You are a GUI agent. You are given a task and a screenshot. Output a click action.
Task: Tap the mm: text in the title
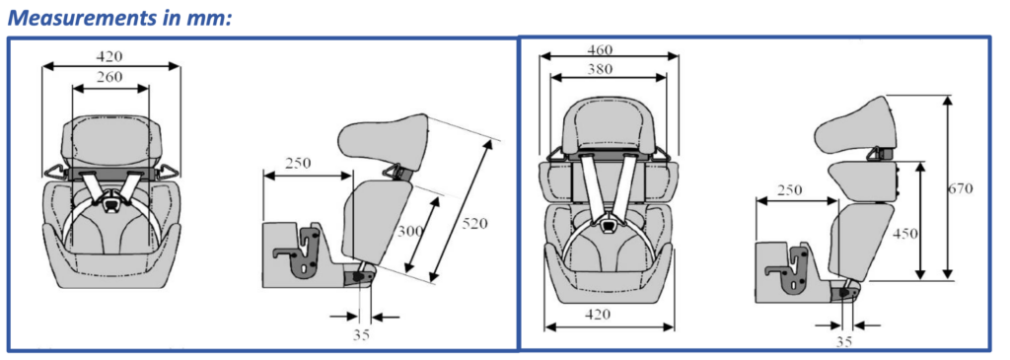pyautogui.click(x=207, y=18)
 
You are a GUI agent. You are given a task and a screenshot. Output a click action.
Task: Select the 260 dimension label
pyautogui.click(x=110, y=77)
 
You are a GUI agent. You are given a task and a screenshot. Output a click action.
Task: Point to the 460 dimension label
pyautogui.click(x=600, y=49)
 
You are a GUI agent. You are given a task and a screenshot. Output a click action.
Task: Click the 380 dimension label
pyautogui.click(x=600, y=69)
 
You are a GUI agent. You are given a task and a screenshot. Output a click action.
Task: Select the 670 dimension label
pyautogui.click(x=960, y=188)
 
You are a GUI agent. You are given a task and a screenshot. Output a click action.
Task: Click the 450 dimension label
pyautogui.click(x=906, y=233)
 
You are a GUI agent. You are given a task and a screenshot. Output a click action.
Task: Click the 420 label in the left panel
pyautogui.click(x=110, y=56)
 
